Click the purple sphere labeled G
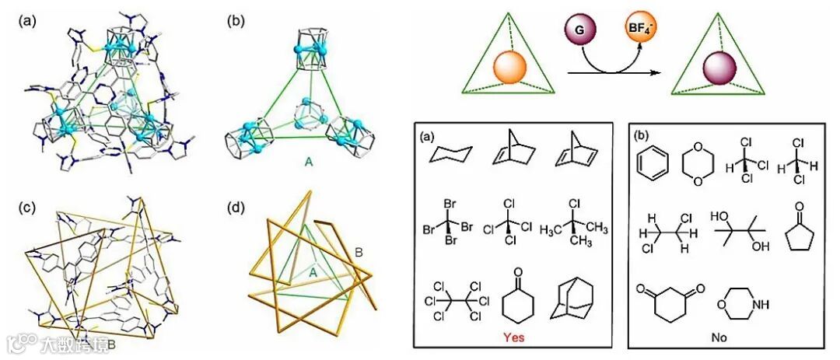tap(580, 34)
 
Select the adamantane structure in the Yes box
tap(572, 299)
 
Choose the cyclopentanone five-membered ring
tap(792, 230)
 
